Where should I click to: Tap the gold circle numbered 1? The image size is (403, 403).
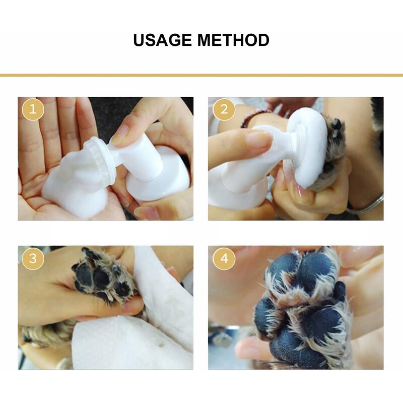coord(33,110)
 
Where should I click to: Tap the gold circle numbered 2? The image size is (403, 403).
coord(224,110)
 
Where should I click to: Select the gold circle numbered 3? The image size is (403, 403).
coord(33,259)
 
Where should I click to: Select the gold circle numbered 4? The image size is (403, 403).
coord(224,259)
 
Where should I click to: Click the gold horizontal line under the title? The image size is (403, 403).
coord(201,75)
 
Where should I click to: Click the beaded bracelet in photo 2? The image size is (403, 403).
coord(252,119)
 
